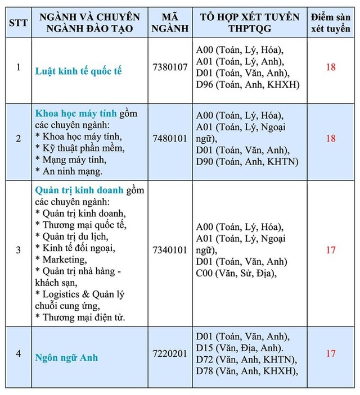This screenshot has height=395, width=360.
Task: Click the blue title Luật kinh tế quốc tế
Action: (78, 71)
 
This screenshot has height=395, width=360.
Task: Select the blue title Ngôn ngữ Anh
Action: (66, 357)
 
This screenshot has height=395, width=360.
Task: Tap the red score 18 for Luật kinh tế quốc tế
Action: (330, 67)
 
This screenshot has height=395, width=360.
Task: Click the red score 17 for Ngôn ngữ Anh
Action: (330, 353)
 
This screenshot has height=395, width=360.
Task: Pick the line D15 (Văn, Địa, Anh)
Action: (242, 348)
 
